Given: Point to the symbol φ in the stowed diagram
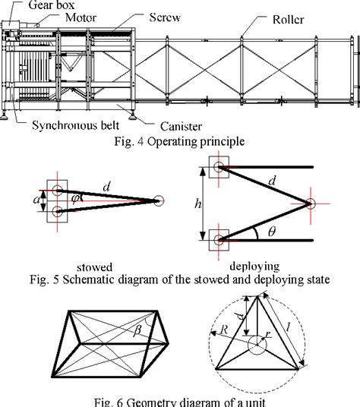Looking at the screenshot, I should click(76, 199).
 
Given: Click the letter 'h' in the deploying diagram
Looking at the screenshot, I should click(197, 203).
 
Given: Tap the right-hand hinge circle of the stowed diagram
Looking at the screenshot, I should click(158, 200).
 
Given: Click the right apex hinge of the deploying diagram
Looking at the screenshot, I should click(310, 203).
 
